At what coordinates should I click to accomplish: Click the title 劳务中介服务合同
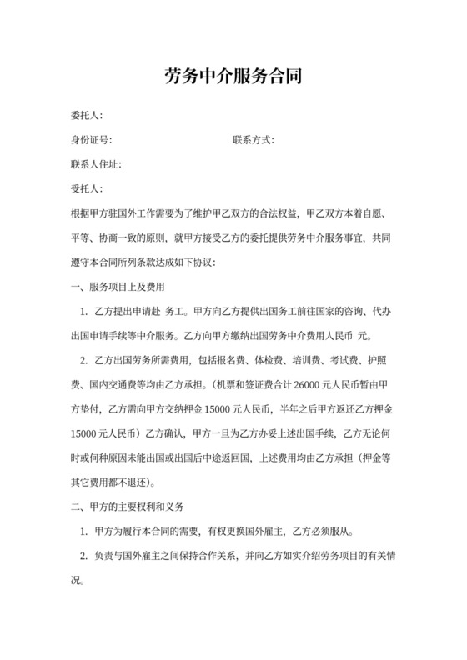point(233,78)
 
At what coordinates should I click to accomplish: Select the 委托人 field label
point(87,115)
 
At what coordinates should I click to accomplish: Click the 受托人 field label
point(87,189)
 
